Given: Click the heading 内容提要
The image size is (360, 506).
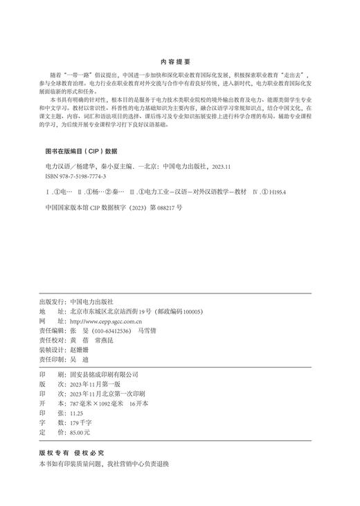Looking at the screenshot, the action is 179,62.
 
